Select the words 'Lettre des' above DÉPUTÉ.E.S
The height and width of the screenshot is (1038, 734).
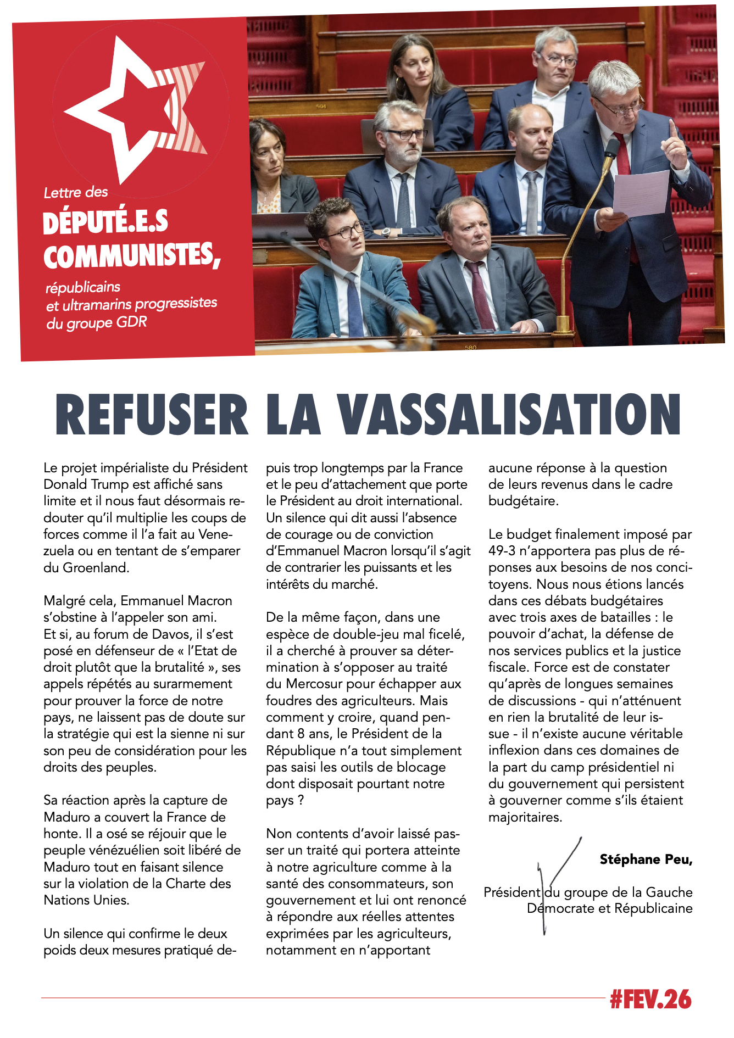pos(76,193)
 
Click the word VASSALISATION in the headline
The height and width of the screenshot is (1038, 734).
pos(508,415)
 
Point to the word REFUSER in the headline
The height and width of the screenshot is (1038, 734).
pos(152,415)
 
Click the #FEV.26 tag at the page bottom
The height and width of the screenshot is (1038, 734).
pos(650,1000)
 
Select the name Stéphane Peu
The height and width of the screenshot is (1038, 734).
pos(645,860)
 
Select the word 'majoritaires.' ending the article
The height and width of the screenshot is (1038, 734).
pos(525,817)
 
